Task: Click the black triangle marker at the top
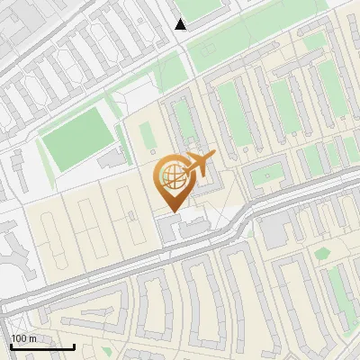tap(181, 24)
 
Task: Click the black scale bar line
tap(42, 346)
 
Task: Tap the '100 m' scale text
tap(23, 338)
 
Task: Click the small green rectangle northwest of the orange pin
tap(146, 136)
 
